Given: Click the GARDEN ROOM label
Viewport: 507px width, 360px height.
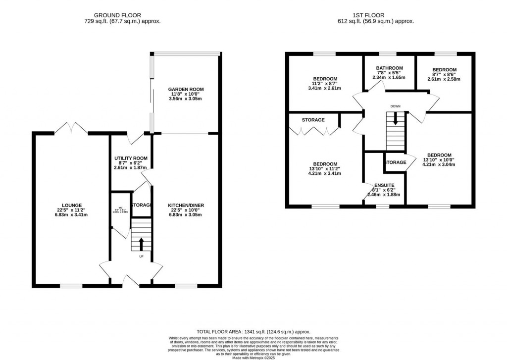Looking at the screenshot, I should tap(186, 90).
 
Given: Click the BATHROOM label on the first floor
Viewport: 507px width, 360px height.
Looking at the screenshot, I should tap(389, 68).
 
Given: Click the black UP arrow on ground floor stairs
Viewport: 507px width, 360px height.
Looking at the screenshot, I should tap(142, 244).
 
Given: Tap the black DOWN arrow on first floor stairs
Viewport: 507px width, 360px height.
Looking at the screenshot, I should tap(395, 118).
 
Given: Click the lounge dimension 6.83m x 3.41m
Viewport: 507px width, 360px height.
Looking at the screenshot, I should tap(71, 215).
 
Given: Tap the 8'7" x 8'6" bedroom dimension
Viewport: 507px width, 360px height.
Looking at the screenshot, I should tap(444, 74).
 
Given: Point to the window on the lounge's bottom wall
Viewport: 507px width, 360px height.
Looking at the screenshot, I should tap(71, 285).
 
